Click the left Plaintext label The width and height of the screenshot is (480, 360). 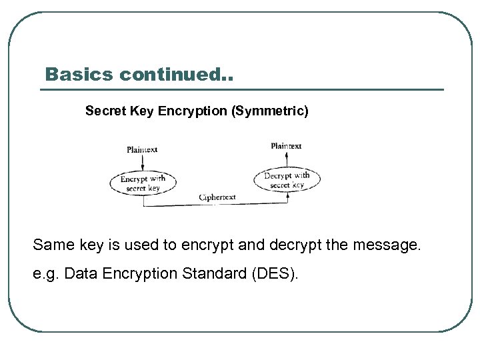142,149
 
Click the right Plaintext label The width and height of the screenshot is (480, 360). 286,145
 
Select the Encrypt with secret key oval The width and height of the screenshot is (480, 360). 143,183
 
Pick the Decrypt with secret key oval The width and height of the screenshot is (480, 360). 287,179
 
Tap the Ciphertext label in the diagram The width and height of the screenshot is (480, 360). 217,197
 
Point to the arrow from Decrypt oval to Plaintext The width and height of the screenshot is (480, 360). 287,159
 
